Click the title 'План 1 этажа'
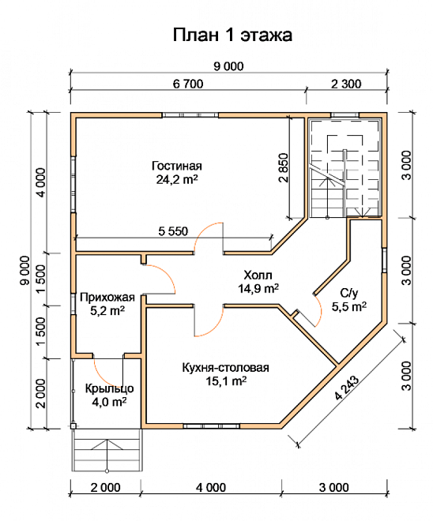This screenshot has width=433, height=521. pyautogui.click(x=232, y=35)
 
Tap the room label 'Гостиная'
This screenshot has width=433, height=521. pyautogui.click(x=177, y=166)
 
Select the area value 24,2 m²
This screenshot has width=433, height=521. pyautogui.click(x=177, y=179)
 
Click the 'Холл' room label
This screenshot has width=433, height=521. pyautogui.click(x=258, y=275)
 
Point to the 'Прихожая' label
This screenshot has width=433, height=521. pyautogui.click(x=107, y=297)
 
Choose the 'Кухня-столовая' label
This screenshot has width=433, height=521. pyautogui.click(x=225, y=368)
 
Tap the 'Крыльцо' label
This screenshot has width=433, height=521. pyautogui.click(x=109, y=388)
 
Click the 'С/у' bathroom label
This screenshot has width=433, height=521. pyautogui.click(x=349, y=293)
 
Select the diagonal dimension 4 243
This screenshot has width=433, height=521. pyautogui.click(x=347, y=388)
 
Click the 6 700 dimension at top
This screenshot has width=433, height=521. pyautogui.click(x=188, y=84)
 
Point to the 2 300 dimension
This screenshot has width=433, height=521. pyautogui.click(x=346, y=84)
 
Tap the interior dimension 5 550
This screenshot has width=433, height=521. pyautogui.click(x=173, y=231)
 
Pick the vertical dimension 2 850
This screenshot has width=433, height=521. pyautogui.click(x=284, y=167)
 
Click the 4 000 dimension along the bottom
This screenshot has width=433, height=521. pyautogui.click(x=211, y=487)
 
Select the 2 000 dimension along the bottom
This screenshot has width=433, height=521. pyautogui.click(x=105, y=487)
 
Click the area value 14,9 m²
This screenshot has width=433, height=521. pyautogui.click(x=258, y=288)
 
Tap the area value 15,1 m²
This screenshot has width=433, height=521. pyautogui.click(x=226, y=381)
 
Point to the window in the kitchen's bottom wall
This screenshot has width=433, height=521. pyautogui.click(x=212, y=426)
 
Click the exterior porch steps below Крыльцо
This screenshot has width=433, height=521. pyautogui.click(x=107, y=450)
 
